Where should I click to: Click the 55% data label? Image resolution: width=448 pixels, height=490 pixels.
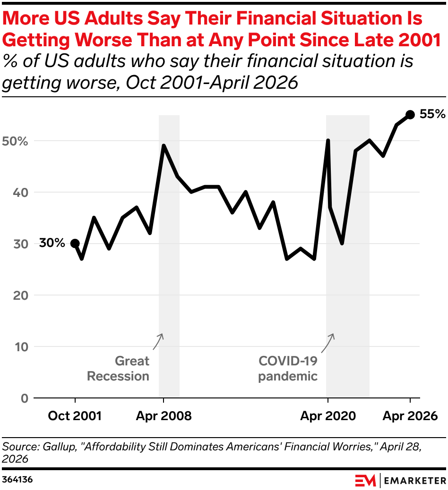click(x=432, y=114)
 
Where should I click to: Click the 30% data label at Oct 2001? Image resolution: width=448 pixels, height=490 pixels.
click(x=52, y=243)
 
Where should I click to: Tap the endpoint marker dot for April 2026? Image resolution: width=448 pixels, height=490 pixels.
click(x=410, y=115)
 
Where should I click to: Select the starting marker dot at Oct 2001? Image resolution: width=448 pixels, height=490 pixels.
click(x=75, y=244)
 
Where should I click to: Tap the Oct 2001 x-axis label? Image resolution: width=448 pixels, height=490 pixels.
click(x=75, y=416)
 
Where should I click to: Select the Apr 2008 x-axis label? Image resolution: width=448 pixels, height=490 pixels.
click(x=164, y=416)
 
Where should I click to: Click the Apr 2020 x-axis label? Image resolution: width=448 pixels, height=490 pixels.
click(x=328, y=416)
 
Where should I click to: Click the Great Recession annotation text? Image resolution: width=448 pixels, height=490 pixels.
click(x=119, y=369)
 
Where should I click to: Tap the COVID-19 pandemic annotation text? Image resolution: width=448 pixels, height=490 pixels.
click(x=288, y=369)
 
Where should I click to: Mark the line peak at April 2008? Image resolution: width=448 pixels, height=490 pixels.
click(x=164, y=146)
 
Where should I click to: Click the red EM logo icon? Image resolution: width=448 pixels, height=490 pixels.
click(x=365, y=480)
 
